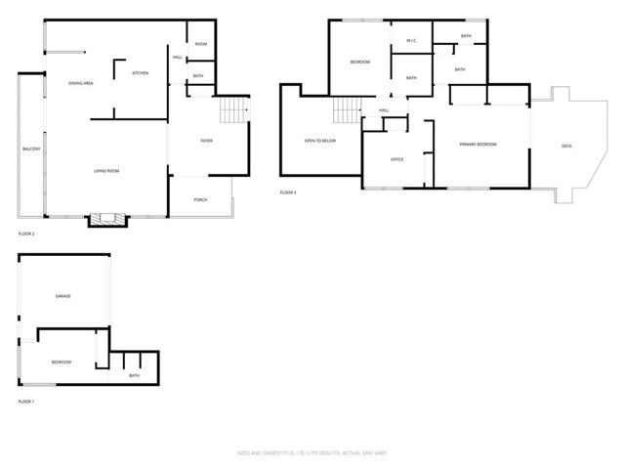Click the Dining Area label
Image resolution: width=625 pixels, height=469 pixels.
[80, 84]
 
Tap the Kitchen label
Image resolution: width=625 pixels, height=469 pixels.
[141, 73]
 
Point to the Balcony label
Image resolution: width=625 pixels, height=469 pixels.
[30, 149]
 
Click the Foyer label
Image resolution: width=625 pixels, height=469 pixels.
[206, 141]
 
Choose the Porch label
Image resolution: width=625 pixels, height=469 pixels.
[200, 199]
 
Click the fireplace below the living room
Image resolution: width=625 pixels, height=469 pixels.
[108, 220]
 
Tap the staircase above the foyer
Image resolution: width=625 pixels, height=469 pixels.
[233, 110]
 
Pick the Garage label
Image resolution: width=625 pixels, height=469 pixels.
[63, 295]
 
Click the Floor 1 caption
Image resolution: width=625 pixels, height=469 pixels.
[26, 402]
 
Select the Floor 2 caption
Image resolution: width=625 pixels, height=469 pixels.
[26, 234]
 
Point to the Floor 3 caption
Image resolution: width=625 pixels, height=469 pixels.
[288, 192]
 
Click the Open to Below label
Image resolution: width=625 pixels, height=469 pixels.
[320, 141]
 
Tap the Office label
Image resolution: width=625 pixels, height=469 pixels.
[396, 159]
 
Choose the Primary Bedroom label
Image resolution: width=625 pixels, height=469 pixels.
[479, 144]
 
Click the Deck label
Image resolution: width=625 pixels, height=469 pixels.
[566, 147]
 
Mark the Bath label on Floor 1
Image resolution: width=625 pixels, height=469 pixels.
[134, 375]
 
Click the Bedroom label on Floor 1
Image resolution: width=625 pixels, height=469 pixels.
[61, 362]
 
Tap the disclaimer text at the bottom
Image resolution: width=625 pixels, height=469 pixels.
[312, 452]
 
